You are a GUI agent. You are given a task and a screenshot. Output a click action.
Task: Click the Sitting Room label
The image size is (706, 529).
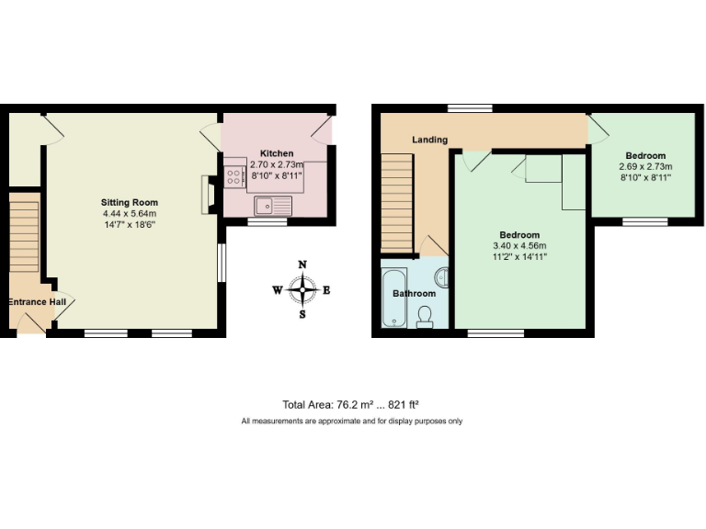[x=130, y=202]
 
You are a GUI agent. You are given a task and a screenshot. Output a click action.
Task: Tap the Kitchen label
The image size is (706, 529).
[x=276, y=153]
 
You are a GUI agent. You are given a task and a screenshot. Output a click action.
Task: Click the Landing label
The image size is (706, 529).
[x=429, y=140]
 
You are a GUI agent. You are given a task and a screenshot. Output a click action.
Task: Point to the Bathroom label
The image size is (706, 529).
[x=414, y=294]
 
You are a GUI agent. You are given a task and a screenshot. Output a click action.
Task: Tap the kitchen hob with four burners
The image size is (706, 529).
[x=233, y=176]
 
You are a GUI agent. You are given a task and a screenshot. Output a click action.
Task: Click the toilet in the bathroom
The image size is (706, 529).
[x=425, y=317]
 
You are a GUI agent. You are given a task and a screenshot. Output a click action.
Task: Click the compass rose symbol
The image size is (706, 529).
[x=302, y=290]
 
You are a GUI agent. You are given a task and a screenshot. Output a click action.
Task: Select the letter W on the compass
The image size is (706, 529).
[x=277, y=290]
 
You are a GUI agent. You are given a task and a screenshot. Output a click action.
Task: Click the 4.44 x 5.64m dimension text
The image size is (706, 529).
[x=130, y=214]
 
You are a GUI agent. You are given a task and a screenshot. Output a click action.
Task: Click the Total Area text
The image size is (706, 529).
[x=351, y=404]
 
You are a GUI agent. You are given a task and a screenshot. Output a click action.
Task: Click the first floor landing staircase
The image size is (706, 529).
[x=396, y=202]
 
